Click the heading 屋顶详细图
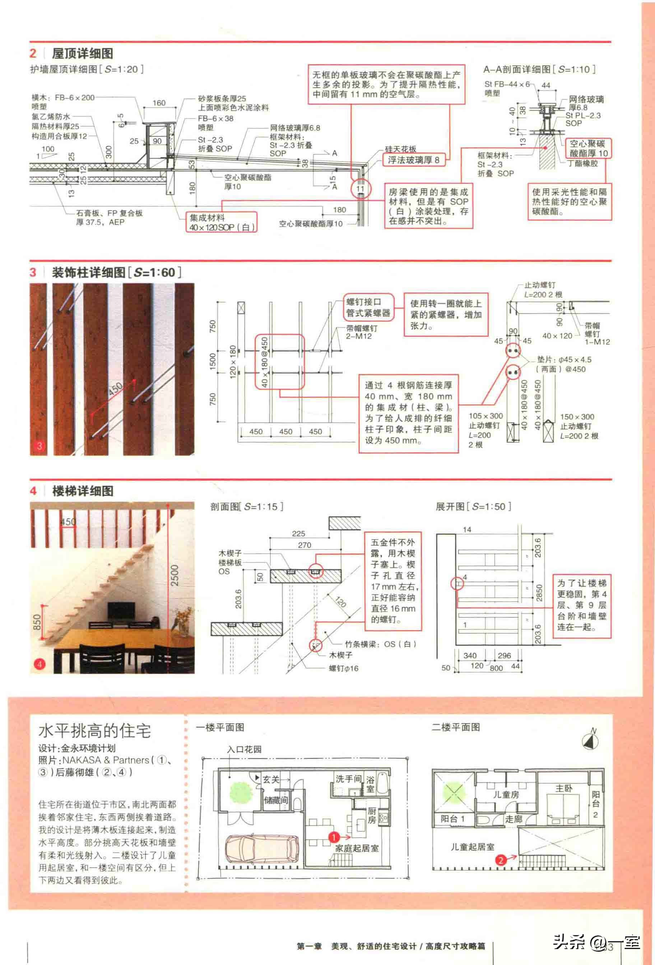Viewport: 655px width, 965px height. (82, 54)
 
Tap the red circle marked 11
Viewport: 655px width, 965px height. (360, 189)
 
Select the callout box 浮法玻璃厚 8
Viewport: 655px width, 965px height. (413, 160)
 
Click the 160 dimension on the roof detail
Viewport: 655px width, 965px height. (159, 103)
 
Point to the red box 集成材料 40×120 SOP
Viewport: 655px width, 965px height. (221, 223)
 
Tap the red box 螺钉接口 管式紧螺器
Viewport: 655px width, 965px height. (368, 307)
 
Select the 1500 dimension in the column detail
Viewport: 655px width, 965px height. (213, 362)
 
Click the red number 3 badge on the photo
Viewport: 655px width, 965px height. (40, 446)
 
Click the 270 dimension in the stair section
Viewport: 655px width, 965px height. (304, 545)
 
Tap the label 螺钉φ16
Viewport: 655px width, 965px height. (343, 668)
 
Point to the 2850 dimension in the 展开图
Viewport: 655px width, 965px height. (539, 593)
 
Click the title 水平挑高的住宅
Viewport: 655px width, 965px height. (95, 731)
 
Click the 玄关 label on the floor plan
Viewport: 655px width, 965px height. (271, 779)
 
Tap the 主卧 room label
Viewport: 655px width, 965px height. (564, 788)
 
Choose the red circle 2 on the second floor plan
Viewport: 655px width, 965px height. (501, 860)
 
